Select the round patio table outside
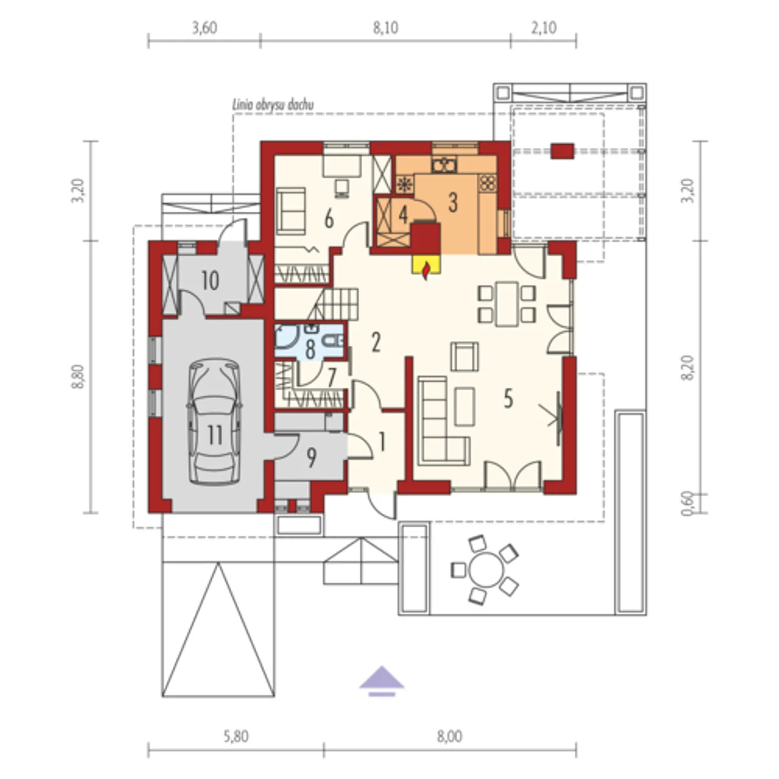pos(487,570)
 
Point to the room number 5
pos(508,399)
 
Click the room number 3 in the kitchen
pos(453,203)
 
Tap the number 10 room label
pos(210,280)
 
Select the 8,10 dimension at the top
pos(386,28)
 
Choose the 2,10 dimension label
pos(543,28)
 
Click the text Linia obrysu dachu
pos(273,105)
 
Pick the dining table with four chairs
pos(507,304)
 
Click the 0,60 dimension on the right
pos(688,503)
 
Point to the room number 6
pos(329,220)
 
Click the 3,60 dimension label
pos(204,28)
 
